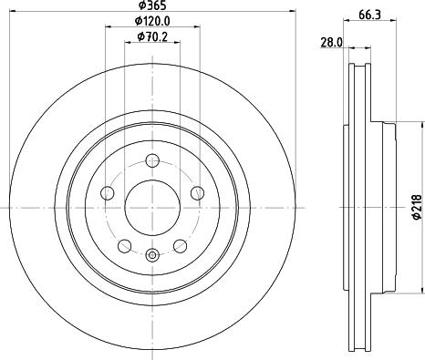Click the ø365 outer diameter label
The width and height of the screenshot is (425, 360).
click(150, 6)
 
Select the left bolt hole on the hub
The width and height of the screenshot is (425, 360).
click(106, 193)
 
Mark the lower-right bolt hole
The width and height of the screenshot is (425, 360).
click(180, 245)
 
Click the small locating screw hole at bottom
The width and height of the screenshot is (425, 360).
click(152, 256)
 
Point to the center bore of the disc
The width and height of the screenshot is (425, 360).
click(151, 209)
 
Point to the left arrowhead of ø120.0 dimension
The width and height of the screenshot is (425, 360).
click(107, 29)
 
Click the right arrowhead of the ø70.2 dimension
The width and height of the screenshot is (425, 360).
click(177, 45)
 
